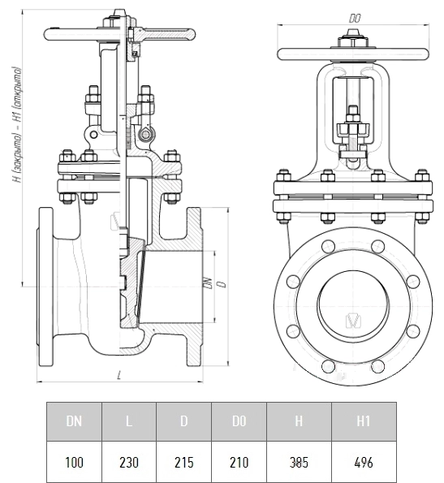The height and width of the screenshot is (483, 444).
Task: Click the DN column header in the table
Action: click(x=74, y=421)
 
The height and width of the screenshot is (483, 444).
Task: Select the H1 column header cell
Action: click(x=364, y=421)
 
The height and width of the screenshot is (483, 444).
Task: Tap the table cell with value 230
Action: click(x=129, y=462)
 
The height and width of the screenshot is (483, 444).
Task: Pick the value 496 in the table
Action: click(x=364, y=462)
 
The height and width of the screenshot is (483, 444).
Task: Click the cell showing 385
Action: click(x=299, y=462)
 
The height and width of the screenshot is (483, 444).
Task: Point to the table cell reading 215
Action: click(x=183, y=462)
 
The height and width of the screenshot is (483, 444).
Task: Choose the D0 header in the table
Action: click(x=239, y=421)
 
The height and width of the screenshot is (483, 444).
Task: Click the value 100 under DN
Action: click(x=74, y=462)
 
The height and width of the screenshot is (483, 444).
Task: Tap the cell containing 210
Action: click(x=239, y=462)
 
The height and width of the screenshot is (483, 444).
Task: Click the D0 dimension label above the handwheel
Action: click(x=355, y=19)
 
